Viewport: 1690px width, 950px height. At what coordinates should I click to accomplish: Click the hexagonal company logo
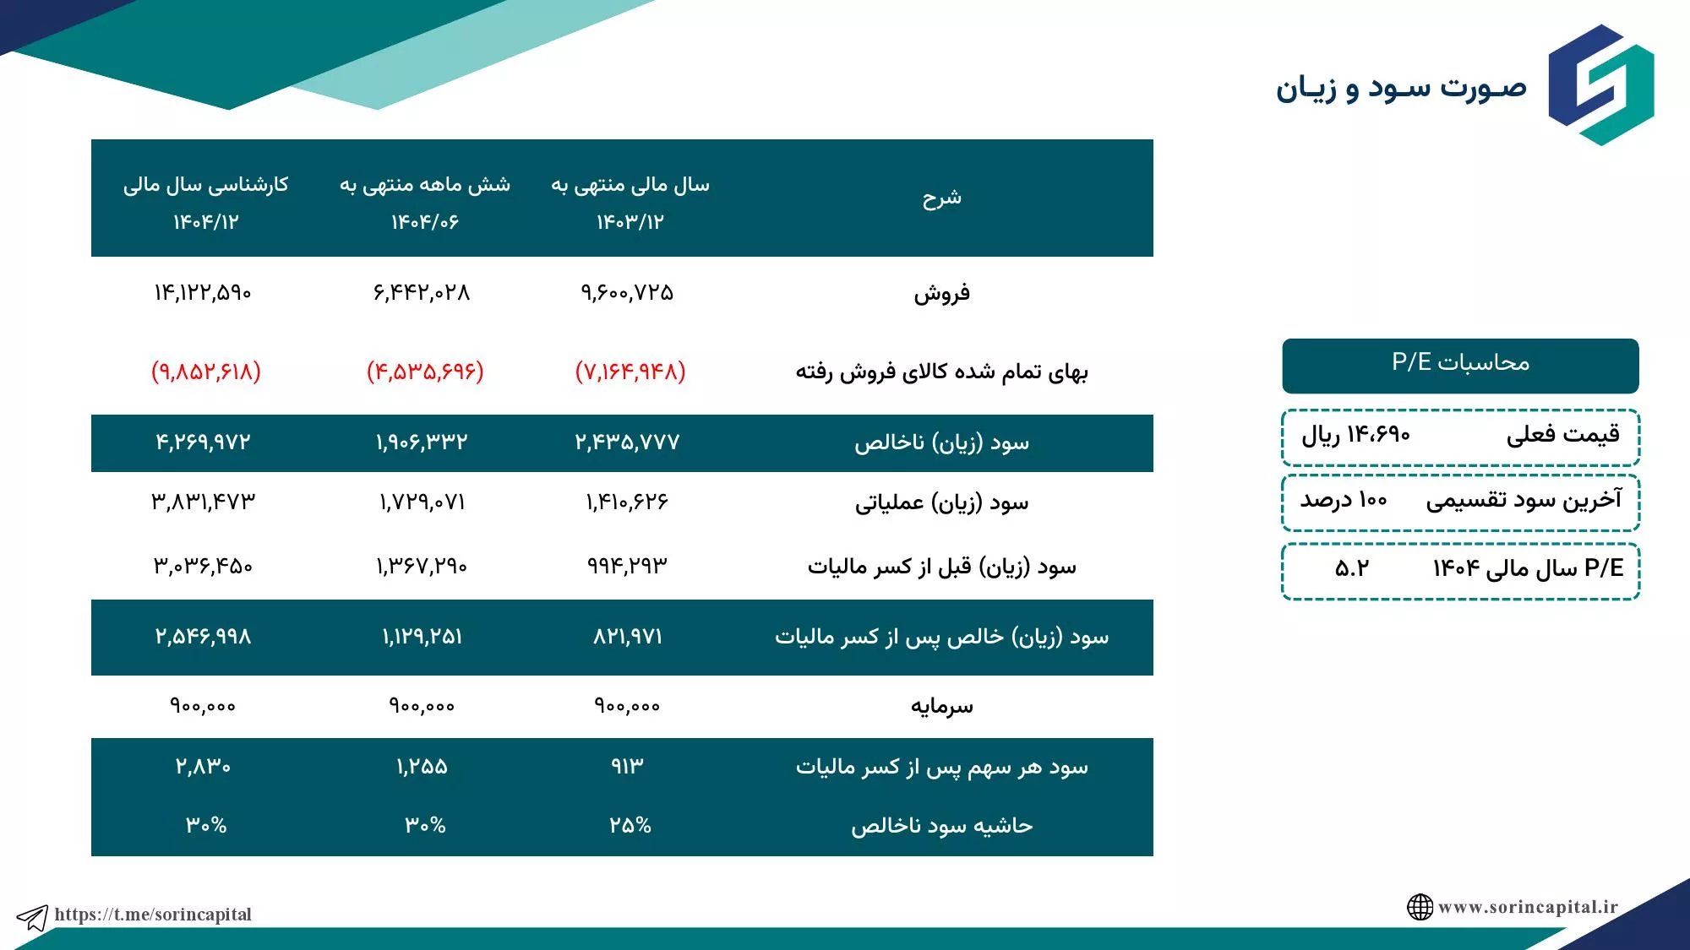[1601, 84]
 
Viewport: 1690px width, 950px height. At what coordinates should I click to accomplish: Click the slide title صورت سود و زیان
[1401, 88]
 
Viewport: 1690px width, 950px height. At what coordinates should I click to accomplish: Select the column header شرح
[941, 198]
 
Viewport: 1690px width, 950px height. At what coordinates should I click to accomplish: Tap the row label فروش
[941, 294]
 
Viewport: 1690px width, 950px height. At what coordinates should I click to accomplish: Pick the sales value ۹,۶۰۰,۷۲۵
[627, 293]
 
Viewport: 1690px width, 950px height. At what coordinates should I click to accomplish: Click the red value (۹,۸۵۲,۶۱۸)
[206, 372]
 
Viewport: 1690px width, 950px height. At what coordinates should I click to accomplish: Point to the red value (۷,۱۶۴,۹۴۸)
[630, 372]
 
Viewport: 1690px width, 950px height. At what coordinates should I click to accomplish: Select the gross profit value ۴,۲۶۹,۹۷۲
[203, 442]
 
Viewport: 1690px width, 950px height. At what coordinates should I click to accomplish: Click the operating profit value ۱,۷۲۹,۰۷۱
[422, 502]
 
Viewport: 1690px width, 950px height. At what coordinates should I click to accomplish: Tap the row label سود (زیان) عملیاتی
[941, 503]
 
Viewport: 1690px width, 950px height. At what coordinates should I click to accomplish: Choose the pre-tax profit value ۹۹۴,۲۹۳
[627, 565]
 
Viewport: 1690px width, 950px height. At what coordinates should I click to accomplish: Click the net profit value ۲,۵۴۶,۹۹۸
[203, 636]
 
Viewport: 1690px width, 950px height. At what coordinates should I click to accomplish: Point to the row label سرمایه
[941, 706]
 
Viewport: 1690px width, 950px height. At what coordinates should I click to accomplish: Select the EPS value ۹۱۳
[627, 766]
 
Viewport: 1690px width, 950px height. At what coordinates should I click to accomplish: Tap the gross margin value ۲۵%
[630, 825]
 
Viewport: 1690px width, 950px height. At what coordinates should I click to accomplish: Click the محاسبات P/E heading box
[1460, 366]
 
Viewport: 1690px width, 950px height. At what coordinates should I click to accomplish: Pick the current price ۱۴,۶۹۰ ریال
[1355, 435]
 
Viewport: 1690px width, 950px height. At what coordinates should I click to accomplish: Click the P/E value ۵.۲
[1352, 568]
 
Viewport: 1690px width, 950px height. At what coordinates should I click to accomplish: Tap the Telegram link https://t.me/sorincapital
[153, 915]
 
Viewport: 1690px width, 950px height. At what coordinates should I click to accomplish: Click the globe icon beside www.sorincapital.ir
[1420, 907]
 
